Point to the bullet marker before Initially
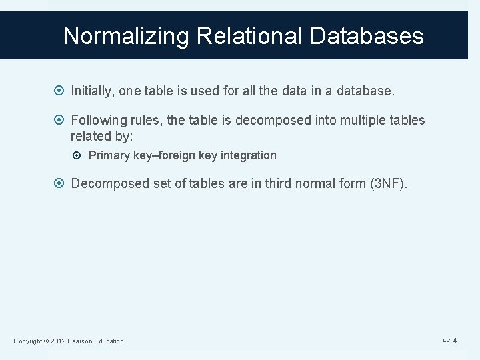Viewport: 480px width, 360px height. click(61, 89)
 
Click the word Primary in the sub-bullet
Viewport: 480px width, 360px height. click(109, 155)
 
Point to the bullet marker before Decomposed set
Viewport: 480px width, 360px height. click(61, 183)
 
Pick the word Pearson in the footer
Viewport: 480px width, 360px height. click(83, 341)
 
